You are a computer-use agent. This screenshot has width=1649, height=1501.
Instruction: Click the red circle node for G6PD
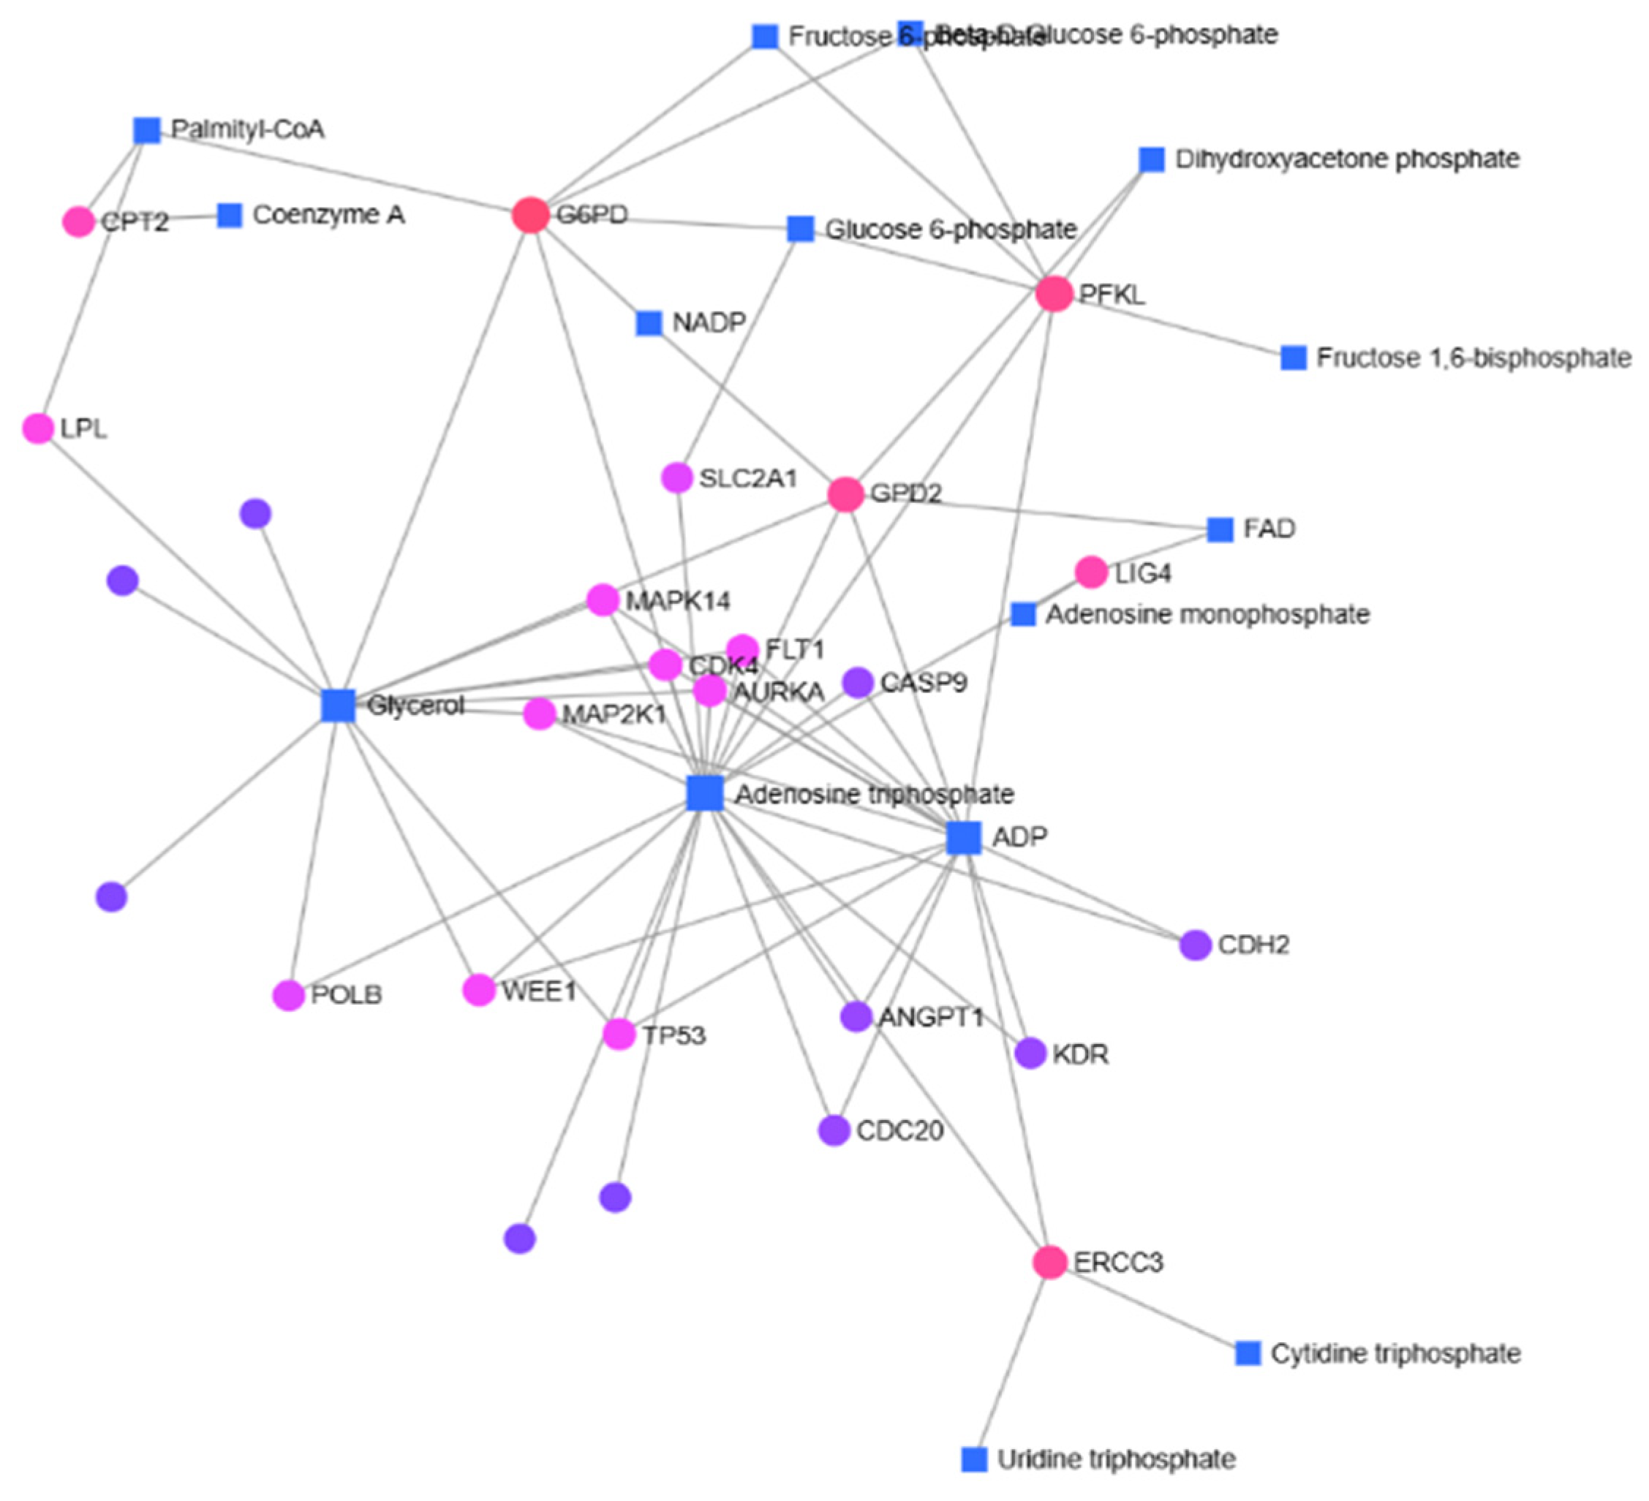(x=530, y=215)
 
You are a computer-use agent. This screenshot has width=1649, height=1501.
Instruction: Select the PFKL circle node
(x=1054, y=293)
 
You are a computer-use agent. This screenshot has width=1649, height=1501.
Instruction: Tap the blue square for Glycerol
(x=338, y=705)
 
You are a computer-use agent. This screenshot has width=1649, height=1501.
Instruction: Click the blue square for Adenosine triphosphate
(x=704, y=793)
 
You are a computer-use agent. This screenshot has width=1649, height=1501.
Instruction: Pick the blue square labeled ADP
(x=964, y=838)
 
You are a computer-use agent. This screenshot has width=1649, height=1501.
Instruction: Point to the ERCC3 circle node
(x=1049, y=1262)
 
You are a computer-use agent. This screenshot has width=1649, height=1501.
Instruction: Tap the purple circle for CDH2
(x=1195, y=945)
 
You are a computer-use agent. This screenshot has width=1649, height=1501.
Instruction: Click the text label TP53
(x=673, y=1035)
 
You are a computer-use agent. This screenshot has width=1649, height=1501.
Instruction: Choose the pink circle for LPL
(x=37, y=428)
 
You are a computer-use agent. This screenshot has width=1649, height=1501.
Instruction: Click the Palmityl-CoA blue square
(x=146, y=130)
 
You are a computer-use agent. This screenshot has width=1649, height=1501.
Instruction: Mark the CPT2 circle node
(x=78, y=222)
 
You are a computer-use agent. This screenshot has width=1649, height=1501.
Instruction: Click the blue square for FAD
(x=1220, y=529)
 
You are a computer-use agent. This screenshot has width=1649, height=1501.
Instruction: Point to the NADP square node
(x=649, y=323)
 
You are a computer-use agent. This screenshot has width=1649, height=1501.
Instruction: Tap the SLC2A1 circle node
(x=676, y=477)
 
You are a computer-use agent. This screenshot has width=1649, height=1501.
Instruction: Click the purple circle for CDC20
(x=834, y=1130)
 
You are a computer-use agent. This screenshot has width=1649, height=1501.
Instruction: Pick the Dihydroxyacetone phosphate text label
(x=1346, y=159)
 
